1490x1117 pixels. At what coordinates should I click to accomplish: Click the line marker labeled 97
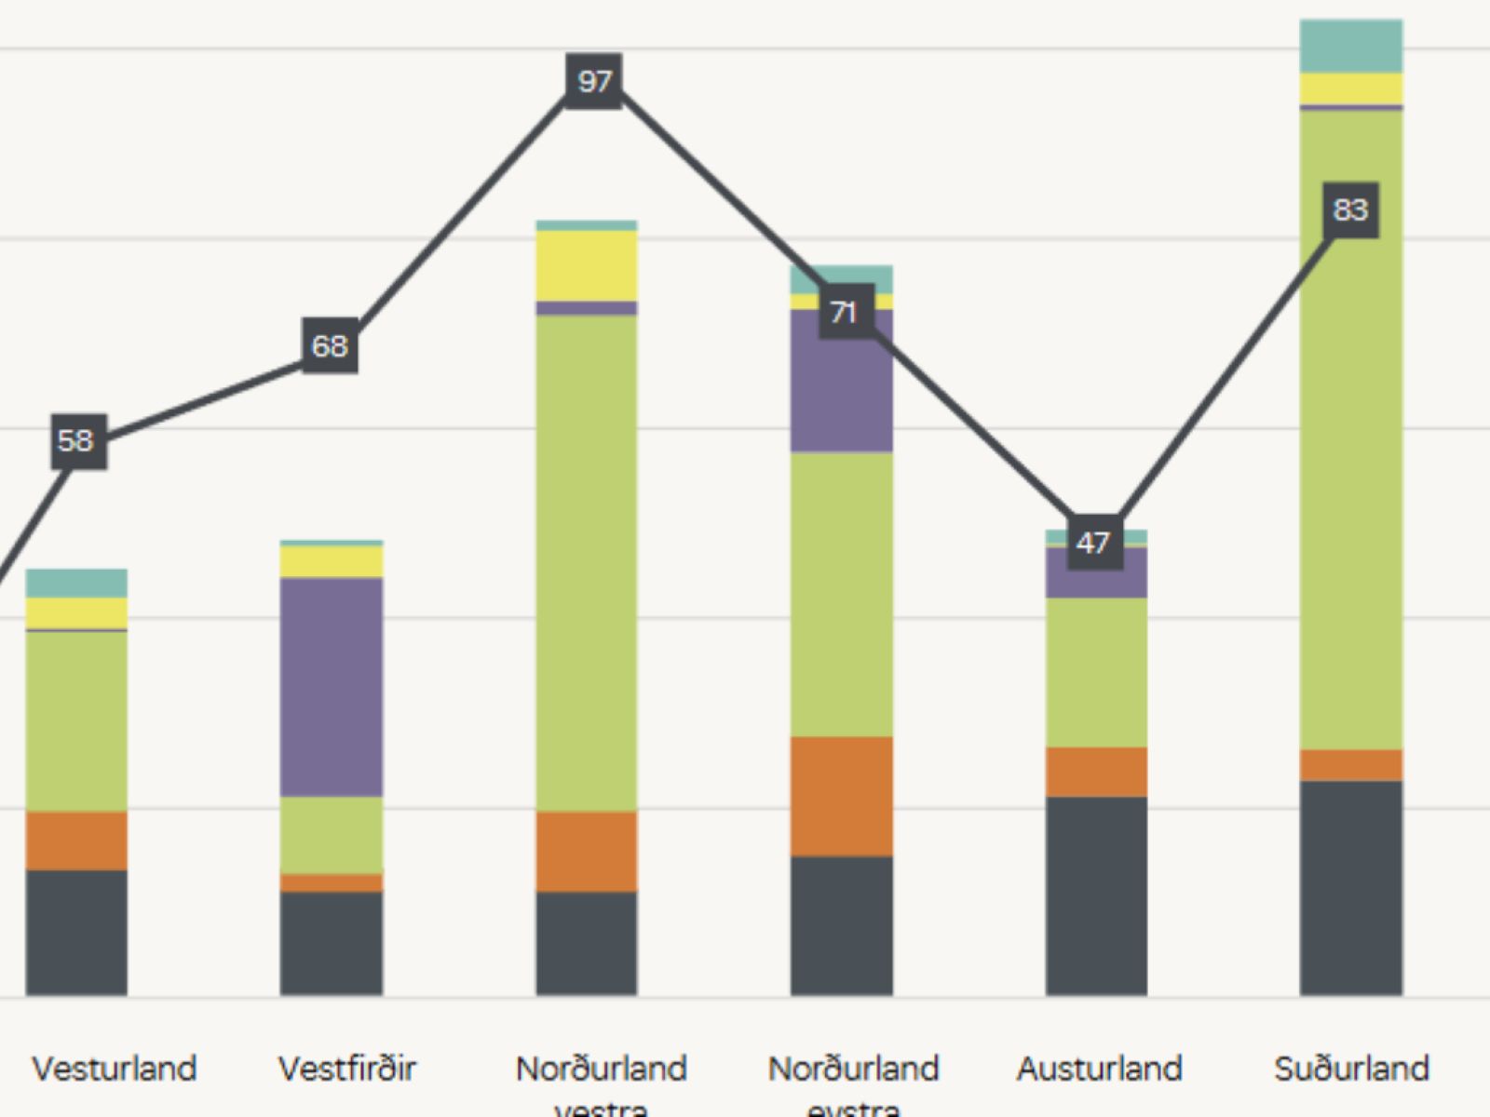pos(594,81)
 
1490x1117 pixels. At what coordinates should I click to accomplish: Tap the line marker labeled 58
pos(78,440)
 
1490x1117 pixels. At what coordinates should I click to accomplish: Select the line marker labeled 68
pos(330,345)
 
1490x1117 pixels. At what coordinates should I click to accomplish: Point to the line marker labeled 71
pos(846,312)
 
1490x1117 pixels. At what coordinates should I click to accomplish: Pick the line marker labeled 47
pos(1094,543)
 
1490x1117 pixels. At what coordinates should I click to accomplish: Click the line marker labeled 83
pos(1350,209)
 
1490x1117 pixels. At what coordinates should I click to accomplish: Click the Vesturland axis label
pos(115,1069)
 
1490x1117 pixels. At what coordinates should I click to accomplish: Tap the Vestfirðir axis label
pos(347,1069)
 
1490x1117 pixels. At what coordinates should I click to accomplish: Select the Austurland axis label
pos(1099,1069)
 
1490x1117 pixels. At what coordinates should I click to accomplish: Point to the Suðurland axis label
pos(1351,1069)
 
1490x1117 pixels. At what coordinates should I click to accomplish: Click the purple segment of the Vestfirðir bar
pos(332,687)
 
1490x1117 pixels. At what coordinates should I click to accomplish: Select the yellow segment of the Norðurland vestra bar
pos(587,265)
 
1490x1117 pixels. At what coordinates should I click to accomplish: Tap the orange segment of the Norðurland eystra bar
pos(842,797)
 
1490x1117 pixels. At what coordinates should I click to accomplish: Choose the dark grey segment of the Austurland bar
pos(1096,895)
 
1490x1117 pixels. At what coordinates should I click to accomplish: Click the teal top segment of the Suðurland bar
pos(1351,46)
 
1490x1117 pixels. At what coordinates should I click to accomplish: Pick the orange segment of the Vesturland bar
pos(76,841)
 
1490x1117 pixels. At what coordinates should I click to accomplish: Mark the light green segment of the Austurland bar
pos(1096,672)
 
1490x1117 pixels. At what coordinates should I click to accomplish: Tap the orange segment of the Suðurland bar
pos(1351,765)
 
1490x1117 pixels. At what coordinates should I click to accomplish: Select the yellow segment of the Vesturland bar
pos(76,612)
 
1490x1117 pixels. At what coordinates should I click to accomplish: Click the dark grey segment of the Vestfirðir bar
pos(332,943)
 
